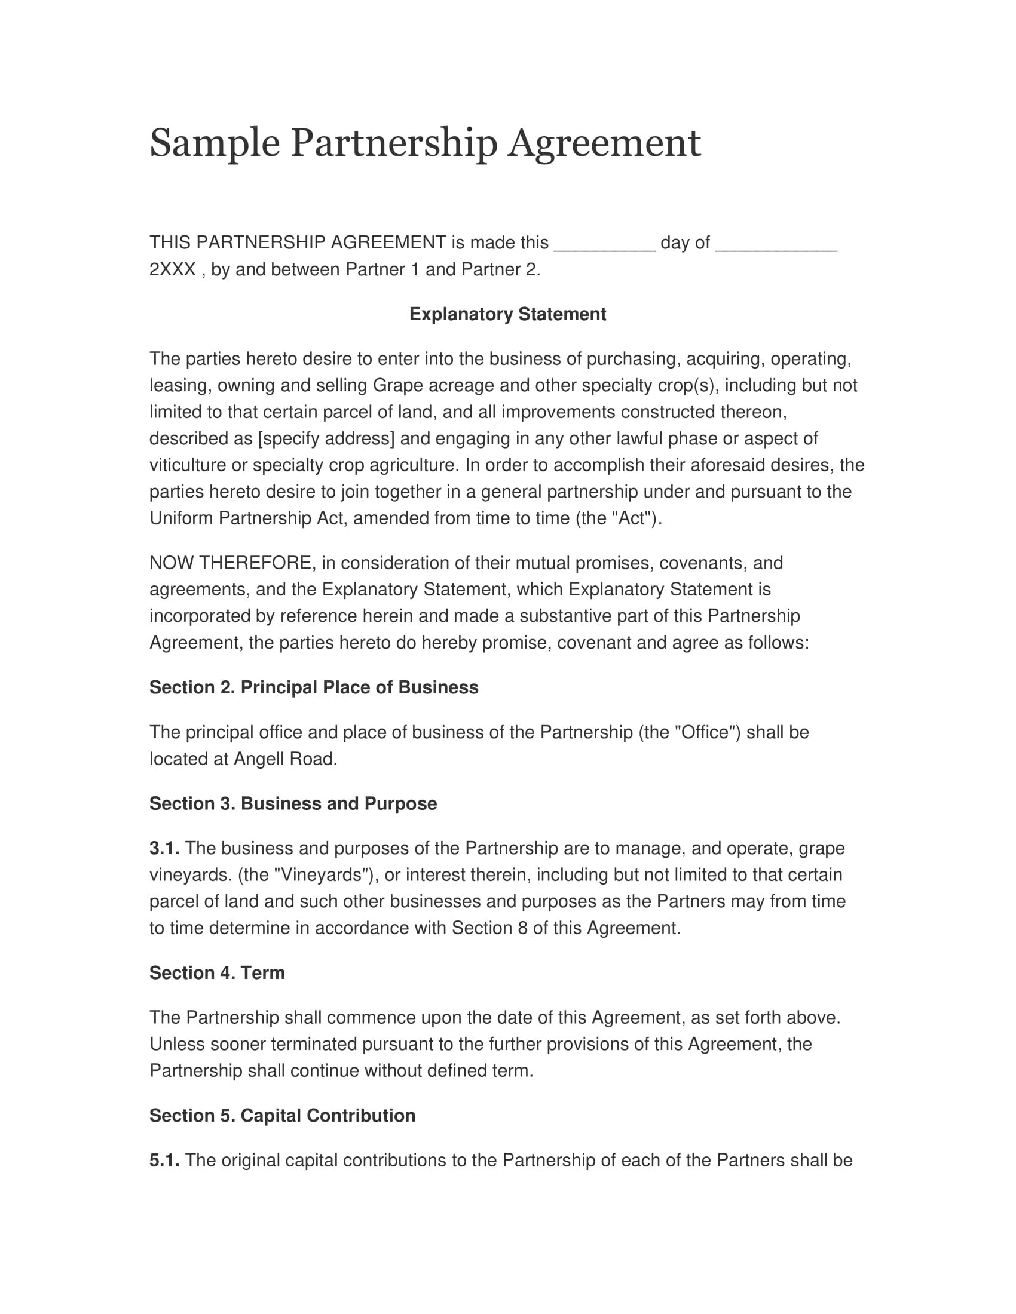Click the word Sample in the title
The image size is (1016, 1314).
click(x=215, y=144)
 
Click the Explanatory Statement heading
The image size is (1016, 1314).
click(x=507, y=314)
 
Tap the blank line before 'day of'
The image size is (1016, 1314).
click(x=604, y=244)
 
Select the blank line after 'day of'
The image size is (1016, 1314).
click(x=776, y=244)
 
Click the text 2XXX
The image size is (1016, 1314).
click(x=172, y=269)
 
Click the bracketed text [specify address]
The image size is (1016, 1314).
click(x=326, y=438)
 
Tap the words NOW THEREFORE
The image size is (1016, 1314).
click(x=231, y=563)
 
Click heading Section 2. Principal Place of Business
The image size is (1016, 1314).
click(x=314, y=687)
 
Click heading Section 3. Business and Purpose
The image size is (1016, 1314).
click(x=293, y=804)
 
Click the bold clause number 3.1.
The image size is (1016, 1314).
click(x=164, y=848)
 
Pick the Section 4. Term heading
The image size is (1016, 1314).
click(x=217, y=973)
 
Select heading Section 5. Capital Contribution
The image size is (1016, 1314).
click(x=282, y=1116)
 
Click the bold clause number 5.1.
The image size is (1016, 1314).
click(x=164, y=1160)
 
